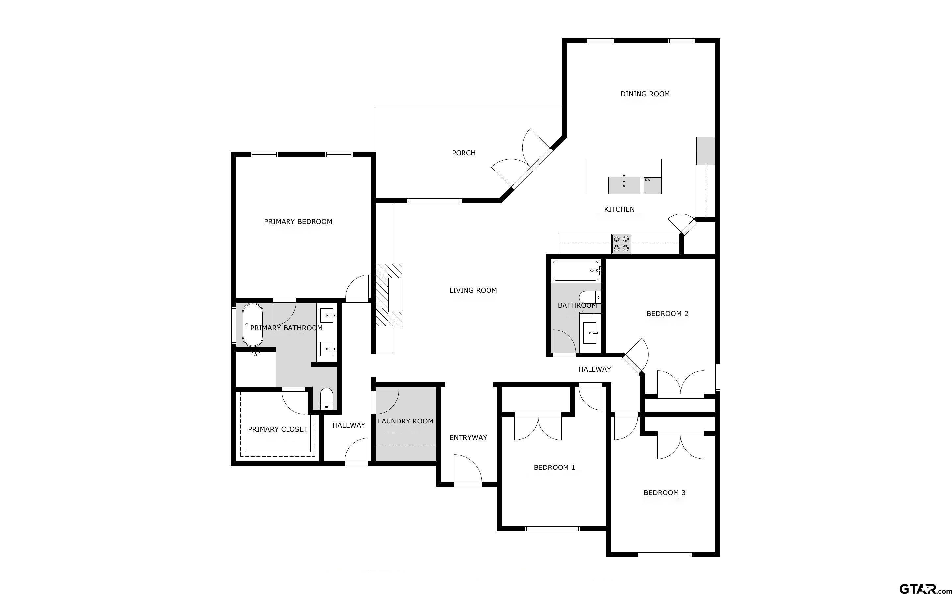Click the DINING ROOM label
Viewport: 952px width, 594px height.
tap(645, 94)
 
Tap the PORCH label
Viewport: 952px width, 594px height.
tap(463, 153)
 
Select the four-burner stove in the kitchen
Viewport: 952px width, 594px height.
tap(621, 243)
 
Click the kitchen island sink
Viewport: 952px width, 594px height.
tap(624, 185)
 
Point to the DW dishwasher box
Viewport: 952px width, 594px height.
tap(652, 185)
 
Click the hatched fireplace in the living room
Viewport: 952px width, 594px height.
tap(389, 295)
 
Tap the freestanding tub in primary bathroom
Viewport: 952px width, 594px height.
tap(252, 325)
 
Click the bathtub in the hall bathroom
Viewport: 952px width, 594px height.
tap(576, 270)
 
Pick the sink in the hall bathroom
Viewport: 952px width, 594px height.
tap(590, 333)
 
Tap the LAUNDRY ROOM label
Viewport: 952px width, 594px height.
tap(405, 421)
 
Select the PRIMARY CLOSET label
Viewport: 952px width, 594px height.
tap(278, 429)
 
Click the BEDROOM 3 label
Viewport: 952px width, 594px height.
tap(664, 492)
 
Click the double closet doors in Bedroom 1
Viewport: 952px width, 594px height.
tap(538, 427)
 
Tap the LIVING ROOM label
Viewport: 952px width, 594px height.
tap(473, 290)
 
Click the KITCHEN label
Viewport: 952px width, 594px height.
tap(619, 209)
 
